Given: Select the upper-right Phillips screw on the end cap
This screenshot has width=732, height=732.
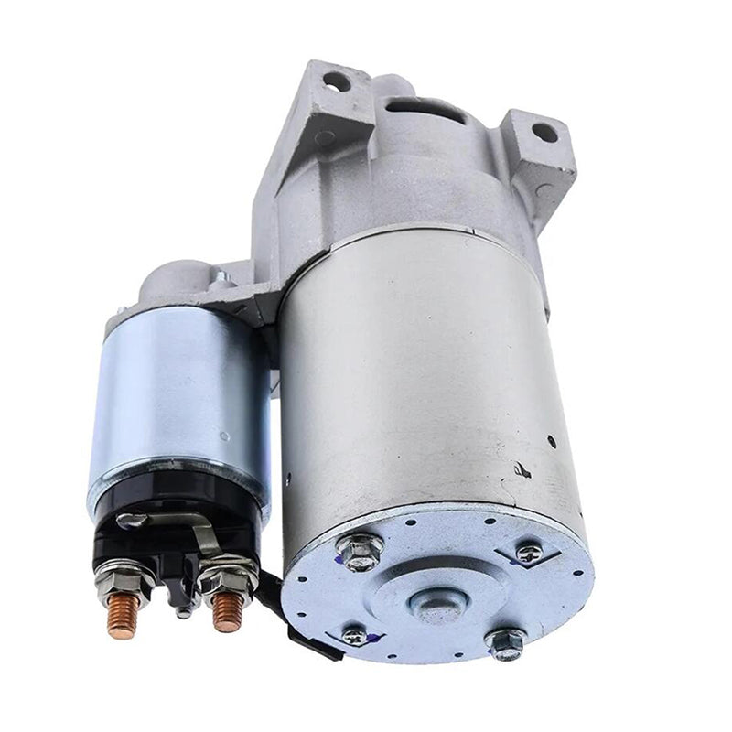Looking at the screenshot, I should click(529, 552).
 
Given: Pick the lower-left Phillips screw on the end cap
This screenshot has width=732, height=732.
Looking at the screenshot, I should click(353, 636).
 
